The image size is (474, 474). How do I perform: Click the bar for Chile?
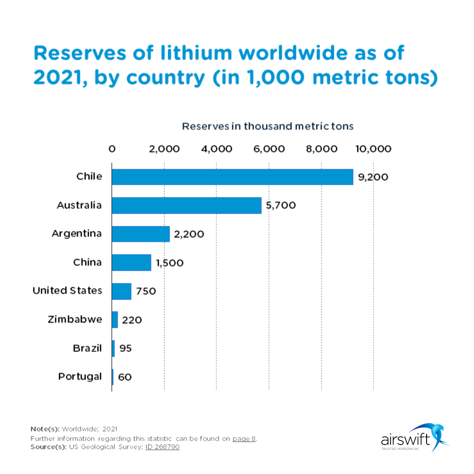click(x=232, y=177)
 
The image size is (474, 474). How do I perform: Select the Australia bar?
click(x=187, y=205)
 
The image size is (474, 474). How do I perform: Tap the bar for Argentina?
click(x=140, y=234)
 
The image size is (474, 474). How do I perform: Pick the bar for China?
click(x=131, y=262)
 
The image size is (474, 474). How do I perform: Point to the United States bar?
click(x=122, y=291)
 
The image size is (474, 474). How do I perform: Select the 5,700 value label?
click(x=281, y=205)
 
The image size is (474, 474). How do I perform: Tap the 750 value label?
click(x=146, y=291)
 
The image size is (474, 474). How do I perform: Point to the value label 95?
click(x=125, y=348)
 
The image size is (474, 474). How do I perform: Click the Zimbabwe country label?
click(x=75, y=319)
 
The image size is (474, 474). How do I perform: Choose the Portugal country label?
click(x=80, y=377)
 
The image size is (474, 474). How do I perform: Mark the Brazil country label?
click(x=87, y=348)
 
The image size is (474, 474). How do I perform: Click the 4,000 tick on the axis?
click(x=217, y=149)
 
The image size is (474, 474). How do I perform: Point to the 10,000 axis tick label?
click(x=373, y=149)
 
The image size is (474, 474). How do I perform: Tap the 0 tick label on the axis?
click(x=112, y=149)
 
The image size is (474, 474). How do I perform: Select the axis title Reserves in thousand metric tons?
click(x=268, y=126)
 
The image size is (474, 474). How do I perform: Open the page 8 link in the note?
click(x=244, y=438)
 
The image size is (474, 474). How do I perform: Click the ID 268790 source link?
click(x=162, y=447)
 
